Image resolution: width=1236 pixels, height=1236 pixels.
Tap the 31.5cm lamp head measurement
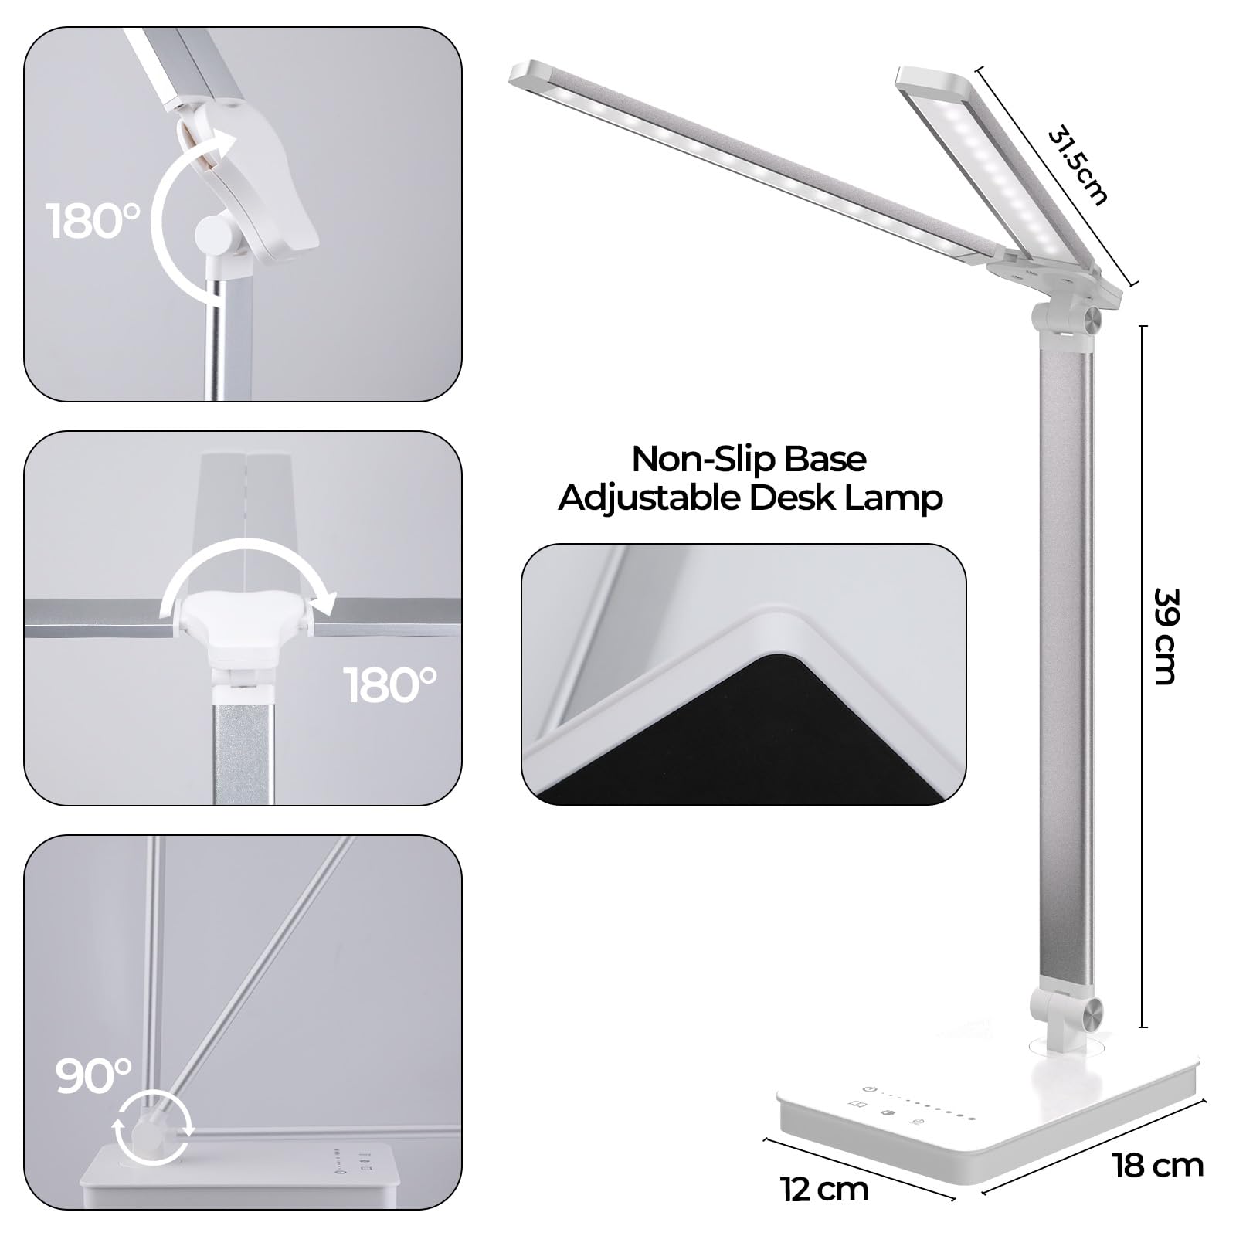(1078, 167)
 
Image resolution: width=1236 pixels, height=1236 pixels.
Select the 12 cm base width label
(824, 1190)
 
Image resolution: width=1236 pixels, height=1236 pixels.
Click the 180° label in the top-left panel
(93, 221)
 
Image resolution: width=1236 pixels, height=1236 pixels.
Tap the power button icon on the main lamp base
(870, 1088)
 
